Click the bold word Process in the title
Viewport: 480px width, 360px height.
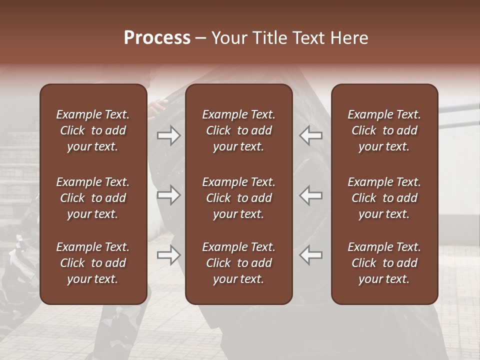click(157, 38)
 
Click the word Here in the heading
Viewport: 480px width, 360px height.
click(349, 38)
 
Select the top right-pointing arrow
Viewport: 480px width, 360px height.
click(169, 135)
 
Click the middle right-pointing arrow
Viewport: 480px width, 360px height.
click(169, 195)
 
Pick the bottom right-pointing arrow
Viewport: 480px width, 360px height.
click(169, 255)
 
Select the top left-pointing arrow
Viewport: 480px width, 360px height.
click(311, 135)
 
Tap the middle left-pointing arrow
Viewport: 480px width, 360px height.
click(311, 195)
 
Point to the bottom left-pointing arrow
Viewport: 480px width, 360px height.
click(311, 255)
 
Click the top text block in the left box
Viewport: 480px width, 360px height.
click(93, 130)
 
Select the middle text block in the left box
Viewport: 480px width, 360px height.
click(93, 198)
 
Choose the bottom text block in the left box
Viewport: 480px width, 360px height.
click(93, 263)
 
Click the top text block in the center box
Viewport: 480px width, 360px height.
click(239, 130)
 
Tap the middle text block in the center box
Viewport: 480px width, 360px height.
click(239, 198)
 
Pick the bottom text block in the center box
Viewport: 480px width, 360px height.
click(239, 263)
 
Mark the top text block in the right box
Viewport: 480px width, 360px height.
click(384, 130)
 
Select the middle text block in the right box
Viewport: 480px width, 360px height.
click(384, 198)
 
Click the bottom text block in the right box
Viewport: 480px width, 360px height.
click(384, 263)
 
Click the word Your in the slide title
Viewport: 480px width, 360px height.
click(228, 38)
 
